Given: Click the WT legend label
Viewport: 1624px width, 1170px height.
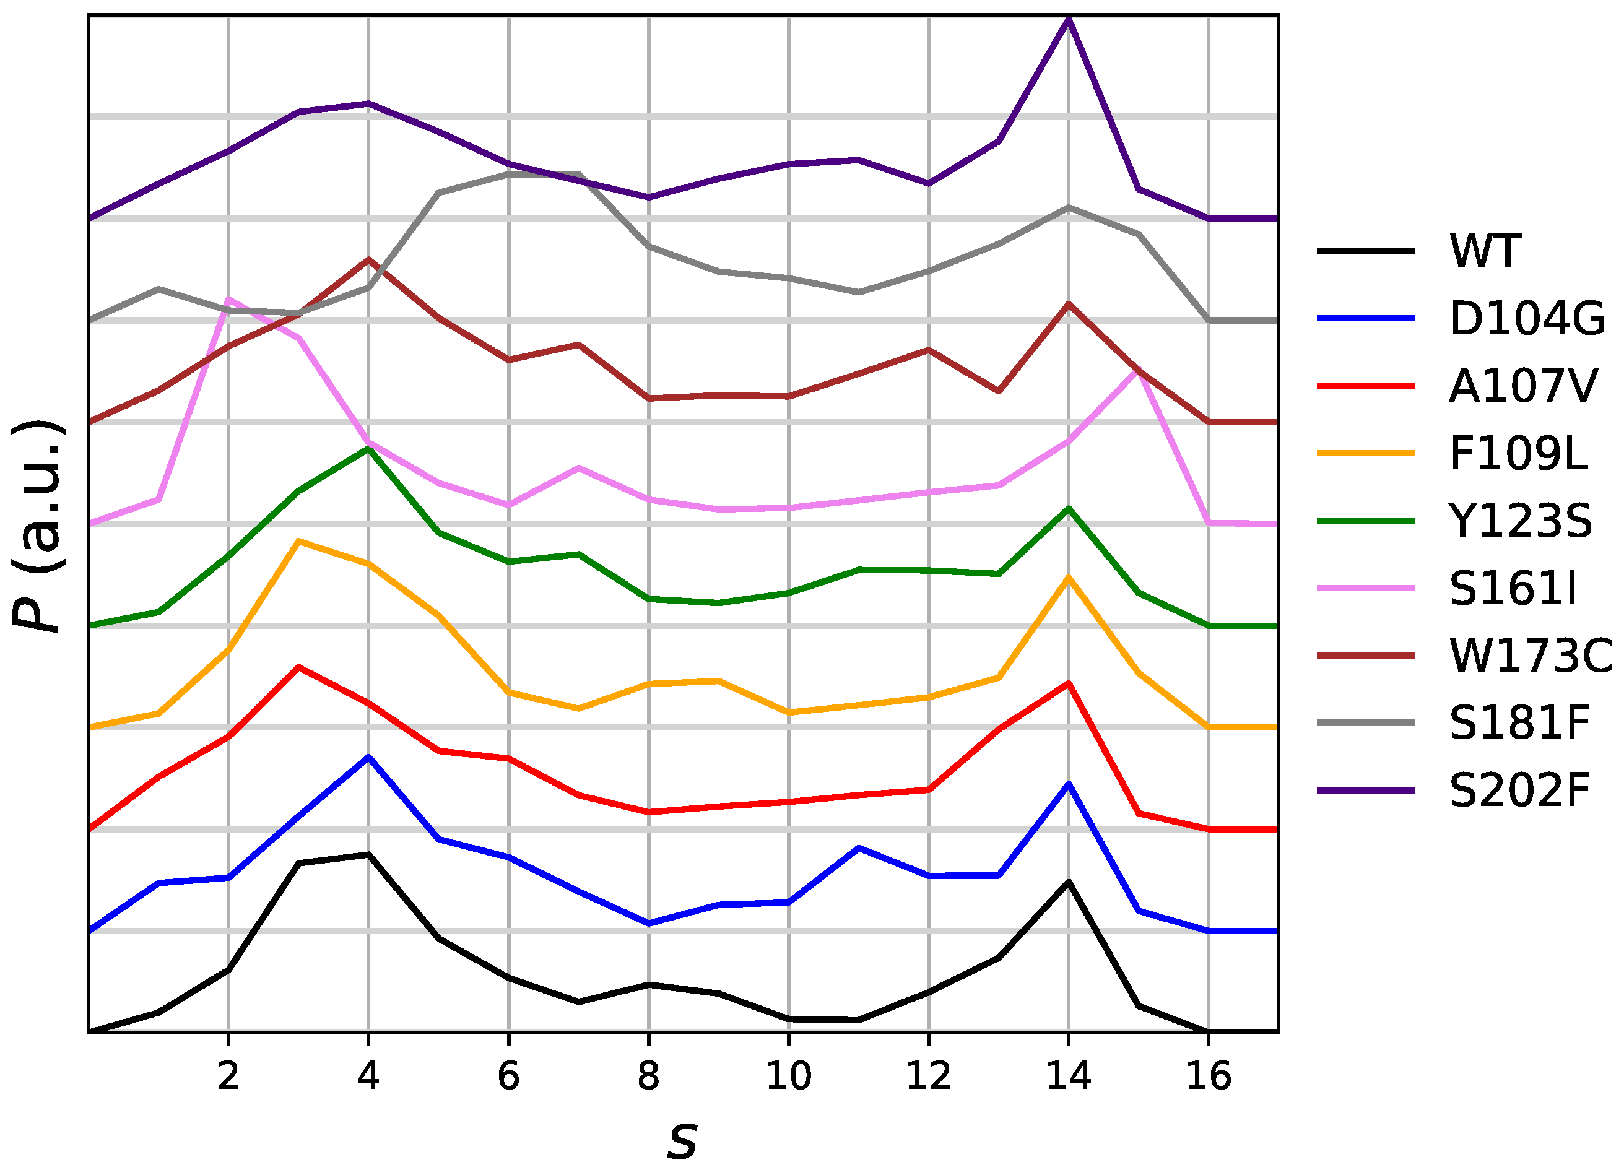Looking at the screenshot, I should pyautogui.click(x=1484, y=251).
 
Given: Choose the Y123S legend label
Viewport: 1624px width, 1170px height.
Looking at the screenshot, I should pyautogui.click(x=1520, y=521).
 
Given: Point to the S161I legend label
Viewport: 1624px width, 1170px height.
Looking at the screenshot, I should pyautogui.click(x=1513, y=589).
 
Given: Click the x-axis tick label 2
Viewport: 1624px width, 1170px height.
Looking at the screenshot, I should pyautogui.click(x=228, y=1076).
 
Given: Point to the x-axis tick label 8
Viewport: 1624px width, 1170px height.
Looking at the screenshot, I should pyautogui.click(x=648, y=1076).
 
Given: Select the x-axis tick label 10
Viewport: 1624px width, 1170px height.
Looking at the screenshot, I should pyautogui.click(x=788, y=1076).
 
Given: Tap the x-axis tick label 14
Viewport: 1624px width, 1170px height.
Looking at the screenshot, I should pyautogui.click(x=1069, y=1076).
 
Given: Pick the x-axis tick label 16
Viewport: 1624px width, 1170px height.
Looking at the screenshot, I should pyautogui.click(x=1209, y=1076).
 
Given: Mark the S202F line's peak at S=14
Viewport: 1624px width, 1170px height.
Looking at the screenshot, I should pyautogui.click(x=1069, y=19).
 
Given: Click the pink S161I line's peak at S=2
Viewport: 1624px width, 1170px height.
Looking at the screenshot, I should pyautogui.click(x=228, y=298).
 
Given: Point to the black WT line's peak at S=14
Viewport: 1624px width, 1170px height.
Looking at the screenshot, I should pyautogui.click(x=1069, y=882).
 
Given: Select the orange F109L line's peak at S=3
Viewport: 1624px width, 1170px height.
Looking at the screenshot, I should pyautogui.click(x=298, y=540).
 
